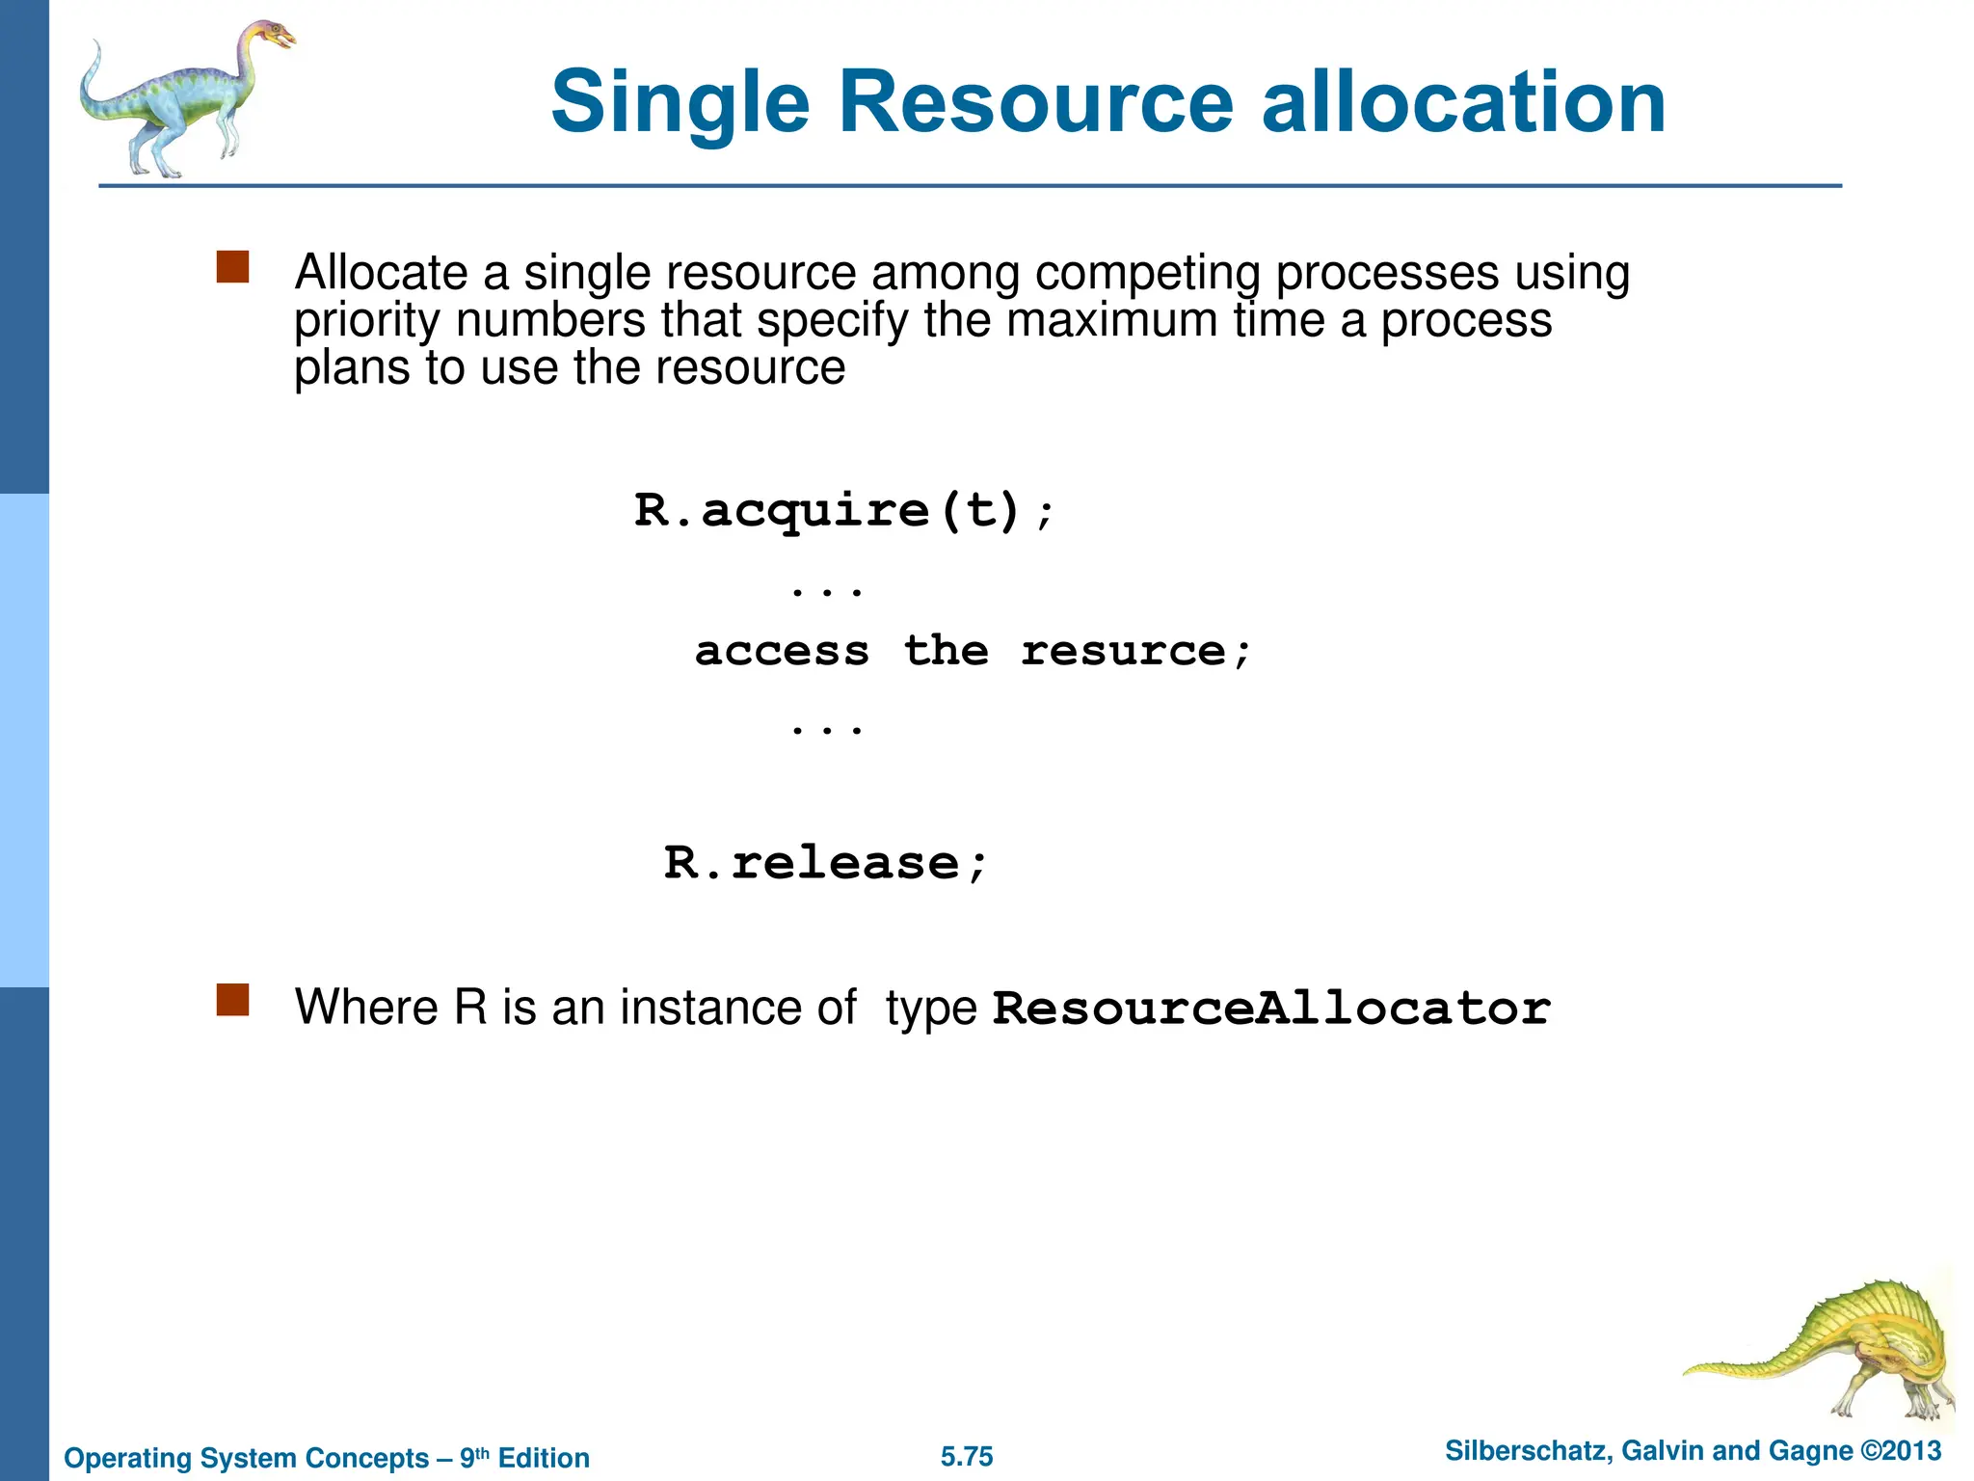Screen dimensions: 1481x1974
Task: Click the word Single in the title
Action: click(680, 104)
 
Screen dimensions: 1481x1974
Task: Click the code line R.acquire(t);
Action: click(844, 510)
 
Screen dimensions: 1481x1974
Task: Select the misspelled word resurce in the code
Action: click(1123, 652)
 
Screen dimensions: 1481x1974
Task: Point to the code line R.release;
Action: click(825, 863)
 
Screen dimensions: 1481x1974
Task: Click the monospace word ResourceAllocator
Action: click(1271, 1010)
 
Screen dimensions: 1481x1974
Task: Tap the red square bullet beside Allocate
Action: click(233, 268)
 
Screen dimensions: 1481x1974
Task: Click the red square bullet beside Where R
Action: click(233, 1001)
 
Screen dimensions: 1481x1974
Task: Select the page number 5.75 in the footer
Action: click(967, 1457)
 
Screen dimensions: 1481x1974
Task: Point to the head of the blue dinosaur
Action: click(274, 37)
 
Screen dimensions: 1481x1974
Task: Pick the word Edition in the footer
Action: click(544, 1458)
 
